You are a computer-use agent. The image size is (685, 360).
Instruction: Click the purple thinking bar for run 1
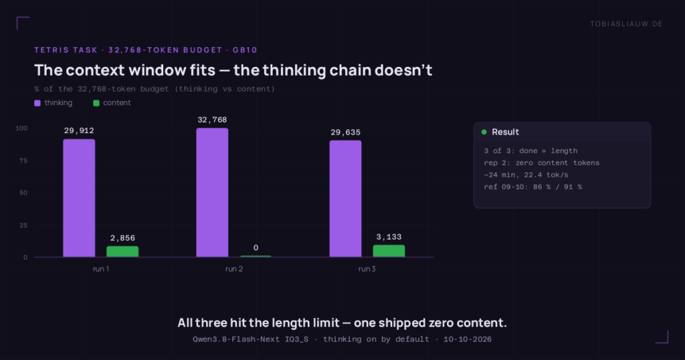[79, 198]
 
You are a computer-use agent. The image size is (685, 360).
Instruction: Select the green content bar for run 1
[123, 252]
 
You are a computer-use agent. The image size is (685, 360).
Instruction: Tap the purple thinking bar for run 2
[212, 193]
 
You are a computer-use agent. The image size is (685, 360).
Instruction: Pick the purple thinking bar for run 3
[346, 199]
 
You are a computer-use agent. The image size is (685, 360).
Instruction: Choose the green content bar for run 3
[389, 251]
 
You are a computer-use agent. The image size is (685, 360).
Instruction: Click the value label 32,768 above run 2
[212, 120]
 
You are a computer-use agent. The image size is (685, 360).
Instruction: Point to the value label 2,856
[123, 238]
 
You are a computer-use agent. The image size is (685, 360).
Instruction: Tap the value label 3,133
[389, 237]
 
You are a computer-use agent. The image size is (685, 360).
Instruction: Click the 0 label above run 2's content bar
[256, 248]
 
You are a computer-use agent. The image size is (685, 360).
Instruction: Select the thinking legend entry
[54, 102]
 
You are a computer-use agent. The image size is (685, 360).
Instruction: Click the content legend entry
[112, 102]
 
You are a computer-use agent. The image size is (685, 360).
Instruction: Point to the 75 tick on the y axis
[23, 161]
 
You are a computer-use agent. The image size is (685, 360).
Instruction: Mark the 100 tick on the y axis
[21, 128]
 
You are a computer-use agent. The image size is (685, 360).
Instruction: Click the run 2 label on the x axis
[234, 269]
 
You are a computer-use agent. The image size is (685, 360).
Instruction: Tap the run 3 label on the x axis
[367, 269]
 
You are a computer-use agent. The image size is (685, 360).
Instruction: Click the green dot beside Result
[484, 132]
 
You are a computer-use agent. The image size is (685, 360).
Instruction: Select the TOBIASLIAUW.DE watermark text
[626, 24]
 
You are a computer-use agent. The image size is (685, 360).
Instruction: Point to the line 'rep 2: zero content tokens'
[542, 163]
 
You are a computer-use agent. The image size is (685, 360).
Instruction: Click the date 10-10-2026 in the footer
[468, 339]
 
